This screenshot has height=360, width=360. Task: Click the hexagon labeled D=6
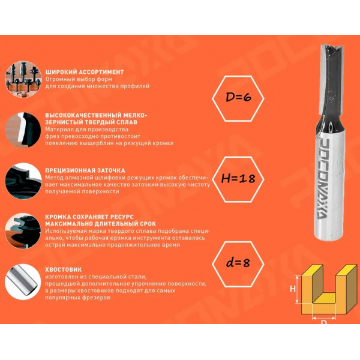[238, 76]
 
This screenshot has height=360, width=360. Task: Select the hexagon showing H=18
[238, 157]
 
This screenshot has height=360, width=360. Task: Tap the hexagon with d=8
[238, 242]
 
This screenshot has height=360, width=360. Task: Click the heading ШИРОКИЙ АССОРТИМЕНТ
[85, 72]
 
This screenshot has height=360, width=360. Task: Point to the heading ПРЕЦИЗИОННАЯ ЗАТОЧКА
[85, 170]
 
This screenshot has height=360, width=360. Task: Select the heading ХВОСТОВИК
[64, 269]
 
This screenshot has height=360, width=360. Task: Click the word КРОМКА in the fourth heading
[55, 217]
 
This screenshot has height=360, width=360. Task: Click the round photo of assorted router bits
[23, 79]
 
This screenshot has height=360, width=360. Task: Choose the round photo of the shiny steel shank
[23, 282]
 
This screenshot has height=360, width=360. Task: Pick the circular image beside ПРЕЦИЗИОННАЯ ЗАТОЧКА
[23, 181]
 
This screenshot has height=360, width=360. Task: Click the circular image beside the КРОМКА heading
[23, 231]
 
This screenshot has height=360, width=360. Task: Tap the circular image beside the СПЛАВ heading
[23, 130]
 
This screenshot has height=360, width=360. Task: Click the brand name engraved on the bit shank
[323, 179]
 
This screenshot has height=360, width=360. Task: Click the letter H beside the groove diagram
[293, 289]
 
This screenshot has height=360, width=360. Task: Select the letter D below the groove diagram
[323, 322]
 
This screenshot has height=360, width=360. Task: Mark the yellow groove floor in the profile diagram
[325, 298]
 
